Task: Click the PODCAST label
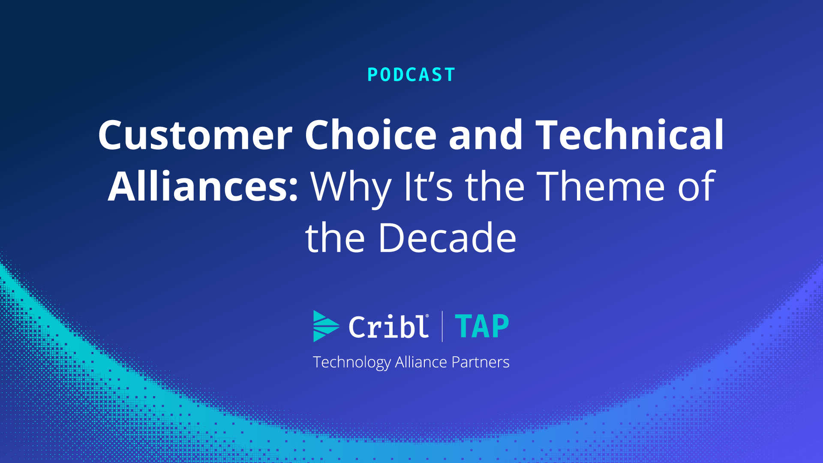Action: [x=411, y=75]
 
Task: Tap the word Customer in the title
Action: [x=195, y=135]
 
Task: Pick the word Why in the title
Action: [x=351, y=188]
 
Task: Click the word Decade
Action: [x=447, y=238]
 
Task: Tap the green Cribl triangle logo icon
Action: [x=326, y=326]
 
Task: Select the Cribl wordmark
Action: [x=388, y=327]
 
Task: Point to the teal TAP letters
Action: [x=482, y=327]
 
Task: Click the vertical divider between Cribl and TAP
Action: [x=442, y=327]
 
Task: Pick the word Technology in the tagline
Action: [x=351, y=363]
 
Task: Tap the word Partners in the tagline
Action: [x=481, y=363]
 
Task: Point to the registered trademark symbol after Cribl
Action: [x=427, y=316]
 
